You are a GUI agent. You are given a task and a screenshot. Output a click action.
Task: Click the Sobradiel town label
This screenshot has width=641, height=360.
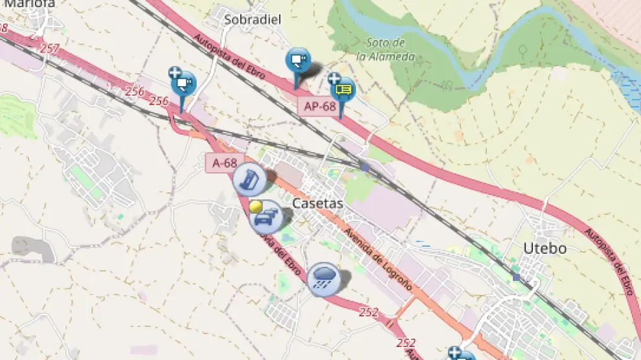coord(253,19)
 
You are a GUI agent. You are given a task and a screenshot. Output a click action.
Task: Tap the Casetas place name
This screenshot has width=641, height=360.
coord(318,203)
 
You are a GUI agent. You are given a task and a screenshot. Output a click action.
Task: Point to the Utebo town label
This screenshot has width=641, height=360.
coord(545,248)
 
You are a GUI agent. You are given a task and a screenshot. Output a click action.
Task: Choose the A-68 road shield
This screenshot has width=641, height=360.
coord(225,163)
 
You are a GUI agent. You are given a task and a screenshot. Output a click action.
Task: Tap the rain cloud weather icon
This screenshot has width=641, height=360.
coord(324,279)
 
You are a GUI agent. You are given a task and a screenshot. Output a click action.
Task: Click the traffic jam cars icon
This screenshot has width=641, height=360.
coord(266,218)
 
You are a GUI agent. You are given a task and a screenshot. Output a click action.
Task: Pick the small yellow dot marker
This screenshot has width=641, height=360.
coord(256,207)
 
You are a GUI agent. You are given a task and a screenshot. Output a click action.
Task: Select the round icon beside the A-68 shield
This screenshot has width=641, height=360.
coord(250,179)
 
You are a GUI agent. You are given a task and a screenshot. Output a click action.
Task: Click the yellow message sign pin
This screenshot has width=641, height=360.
coord(343,91)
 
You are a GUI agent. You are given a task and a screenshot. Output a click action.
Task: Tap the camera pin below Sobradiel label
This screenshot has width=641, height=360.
coord(298,62)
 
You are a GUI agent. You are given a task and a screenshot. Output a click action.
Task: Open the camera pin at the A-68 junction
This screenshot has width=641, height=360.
coord(183,84)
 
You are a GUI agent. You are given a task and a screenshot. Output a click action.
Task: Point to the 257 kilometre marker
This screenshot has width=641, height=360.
coord(50,48)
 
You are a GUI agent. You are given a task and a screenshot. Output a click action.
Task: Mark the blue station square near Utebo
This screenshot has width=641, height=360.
coord(515,277)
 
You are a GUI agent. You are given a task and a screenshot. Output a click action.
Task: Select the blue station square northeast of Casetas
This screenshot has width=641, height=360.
coord(365,167)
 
